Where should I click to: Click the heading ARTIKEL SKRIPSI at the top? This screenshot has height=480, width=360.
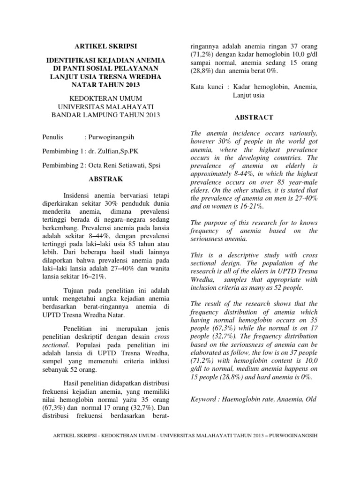(107, 45)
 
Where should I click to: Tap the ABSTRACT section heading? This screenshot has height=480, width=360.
(255, 117)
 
